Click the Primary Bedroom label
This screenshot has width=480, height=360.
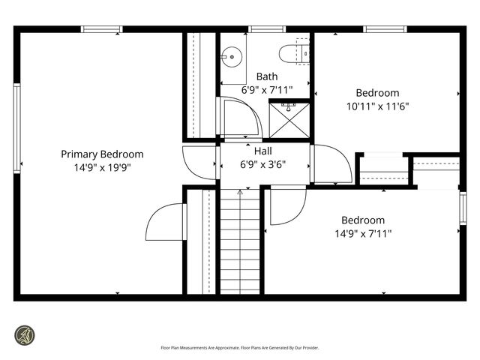point(102,154)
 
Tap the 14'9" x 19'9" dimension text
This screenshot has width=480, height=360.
point(102,167)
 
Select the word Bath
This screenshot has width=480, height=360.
point(267,76)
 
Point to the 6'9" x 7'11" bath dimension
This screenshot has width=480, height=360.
point(267,89)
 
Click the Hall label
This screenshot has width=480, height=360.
point(262,151)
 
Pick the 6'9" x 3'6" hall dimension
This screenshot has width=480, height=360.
point(262,163)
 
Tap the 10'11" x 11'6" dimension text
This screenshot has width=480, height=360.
point(377,106)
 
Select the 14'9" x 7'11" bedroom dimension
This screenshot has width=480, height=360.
point(363,233)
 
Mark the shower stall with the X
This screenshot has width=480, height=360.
point(289,120)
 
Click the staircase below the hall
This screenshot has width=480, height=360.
point(240,244)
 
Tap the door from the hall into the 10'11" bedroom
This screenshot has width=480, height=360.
point(331,163)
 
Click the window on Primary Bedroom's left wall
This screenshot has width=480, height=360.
point(16,127)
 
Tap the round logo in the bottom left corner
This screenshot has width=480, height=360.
point(26,334)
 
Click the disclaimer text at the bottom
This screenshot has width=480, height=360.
point(240,348)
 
